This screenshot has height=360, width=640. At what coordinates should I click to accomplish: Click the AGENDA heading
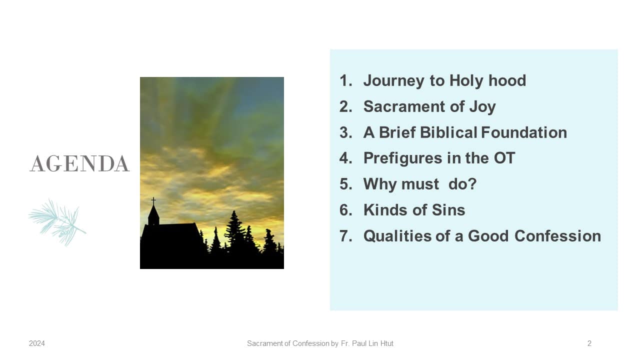point(79,163)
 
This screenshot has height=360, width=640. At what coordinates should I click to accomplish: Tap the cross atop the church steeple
point(153,201)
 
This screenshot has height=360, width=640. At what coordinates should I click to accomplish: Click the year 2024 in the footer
point(37,343)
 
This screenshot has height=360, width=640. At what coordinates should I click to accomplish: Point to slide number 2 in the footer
point(589,343)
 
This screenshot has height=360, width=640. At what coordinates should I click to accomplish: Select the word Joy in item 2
point(482,107)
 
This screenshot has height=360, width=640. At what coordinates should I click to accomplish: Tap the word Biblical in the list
point(448,132)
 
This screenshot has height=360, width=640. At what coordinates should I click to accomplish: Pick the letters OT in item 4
point(504,158)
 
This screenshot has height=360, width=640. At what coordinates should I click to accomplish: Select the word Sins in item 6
point(448,210)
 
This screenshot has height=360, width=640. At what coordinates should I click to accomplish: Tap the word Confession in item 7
point(557,236)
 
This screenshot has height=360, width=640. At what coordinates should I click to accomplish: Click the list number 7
point(345,236)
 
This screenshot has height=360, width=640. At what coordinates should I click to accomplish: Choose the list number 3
point(345,132)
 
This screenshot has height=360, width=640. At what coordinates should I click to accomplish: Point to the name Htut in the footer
point(386,343)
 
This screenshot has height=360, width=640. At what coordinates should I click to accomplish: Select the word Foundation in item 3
point(524,132)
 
